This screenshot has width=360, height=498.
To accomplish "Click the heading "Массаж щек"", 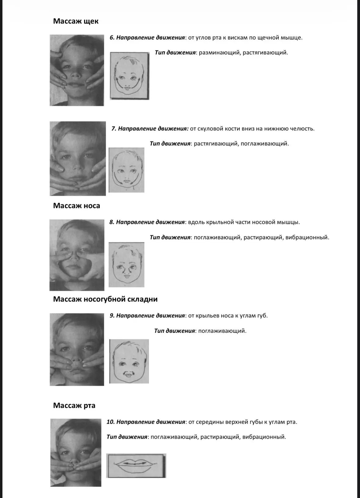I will coord(76,21).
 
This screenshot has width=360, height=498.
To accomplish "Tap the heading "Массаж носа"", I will coord(76,206).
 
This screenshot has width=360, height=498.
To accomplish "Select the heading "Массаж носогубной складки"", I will coord(105,299).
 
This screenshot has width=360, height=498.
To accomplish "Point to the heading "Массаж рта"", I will coord(74,405).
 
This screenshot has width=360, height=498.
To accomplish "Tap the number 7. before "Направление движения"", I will coord(114,129).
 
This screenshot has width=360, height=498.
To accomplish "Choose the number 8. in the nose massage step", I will coord(112,222).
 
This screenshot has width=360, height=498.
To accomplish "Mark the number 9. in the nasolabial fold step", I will coord(112,316).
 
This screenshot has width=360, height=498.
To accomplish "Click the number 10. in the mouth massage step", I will coord(111,422).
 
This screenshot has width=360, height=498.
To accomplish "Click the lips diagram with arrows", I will coord(136,466).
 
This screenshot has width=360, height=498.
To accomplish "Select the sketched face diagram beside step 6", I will coord(130,76).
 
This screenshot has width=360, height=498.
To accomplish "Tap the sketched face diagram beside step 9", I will coord(129,361).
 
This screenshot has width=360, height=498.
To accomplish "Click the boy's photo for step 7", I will coord(78,159).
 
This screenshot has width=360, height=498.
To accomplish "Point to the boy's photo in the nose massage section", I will coord(77,255).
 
